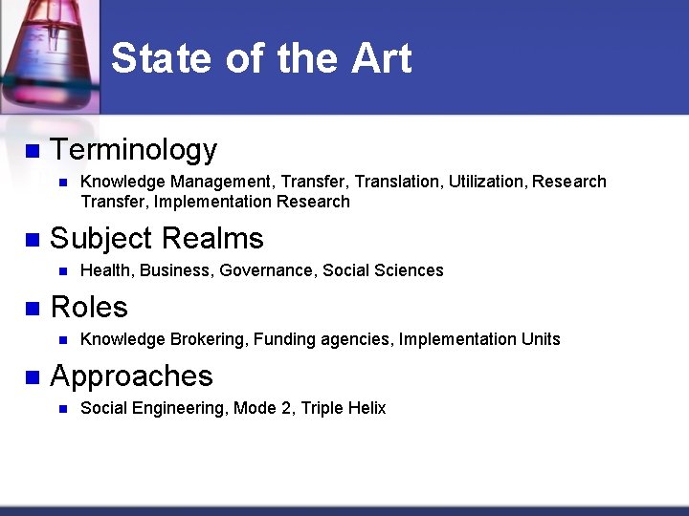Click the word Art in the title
pos(381,58)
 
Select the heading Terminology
pos(133,150)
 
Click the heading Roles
pos(88,307)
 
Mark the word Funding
pos(284,339)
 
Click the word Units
pos(541,339)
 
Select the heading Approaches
pos(131,376)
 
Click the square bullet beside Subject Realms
pos(32,239)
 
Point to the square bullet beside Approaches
pos(32,377)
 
